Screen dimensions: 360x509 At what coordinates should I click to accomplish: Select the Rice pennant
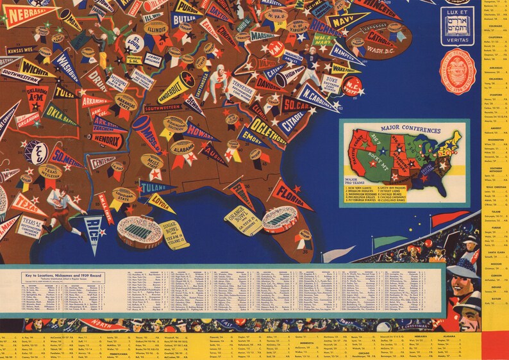(x=94, y=226)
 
